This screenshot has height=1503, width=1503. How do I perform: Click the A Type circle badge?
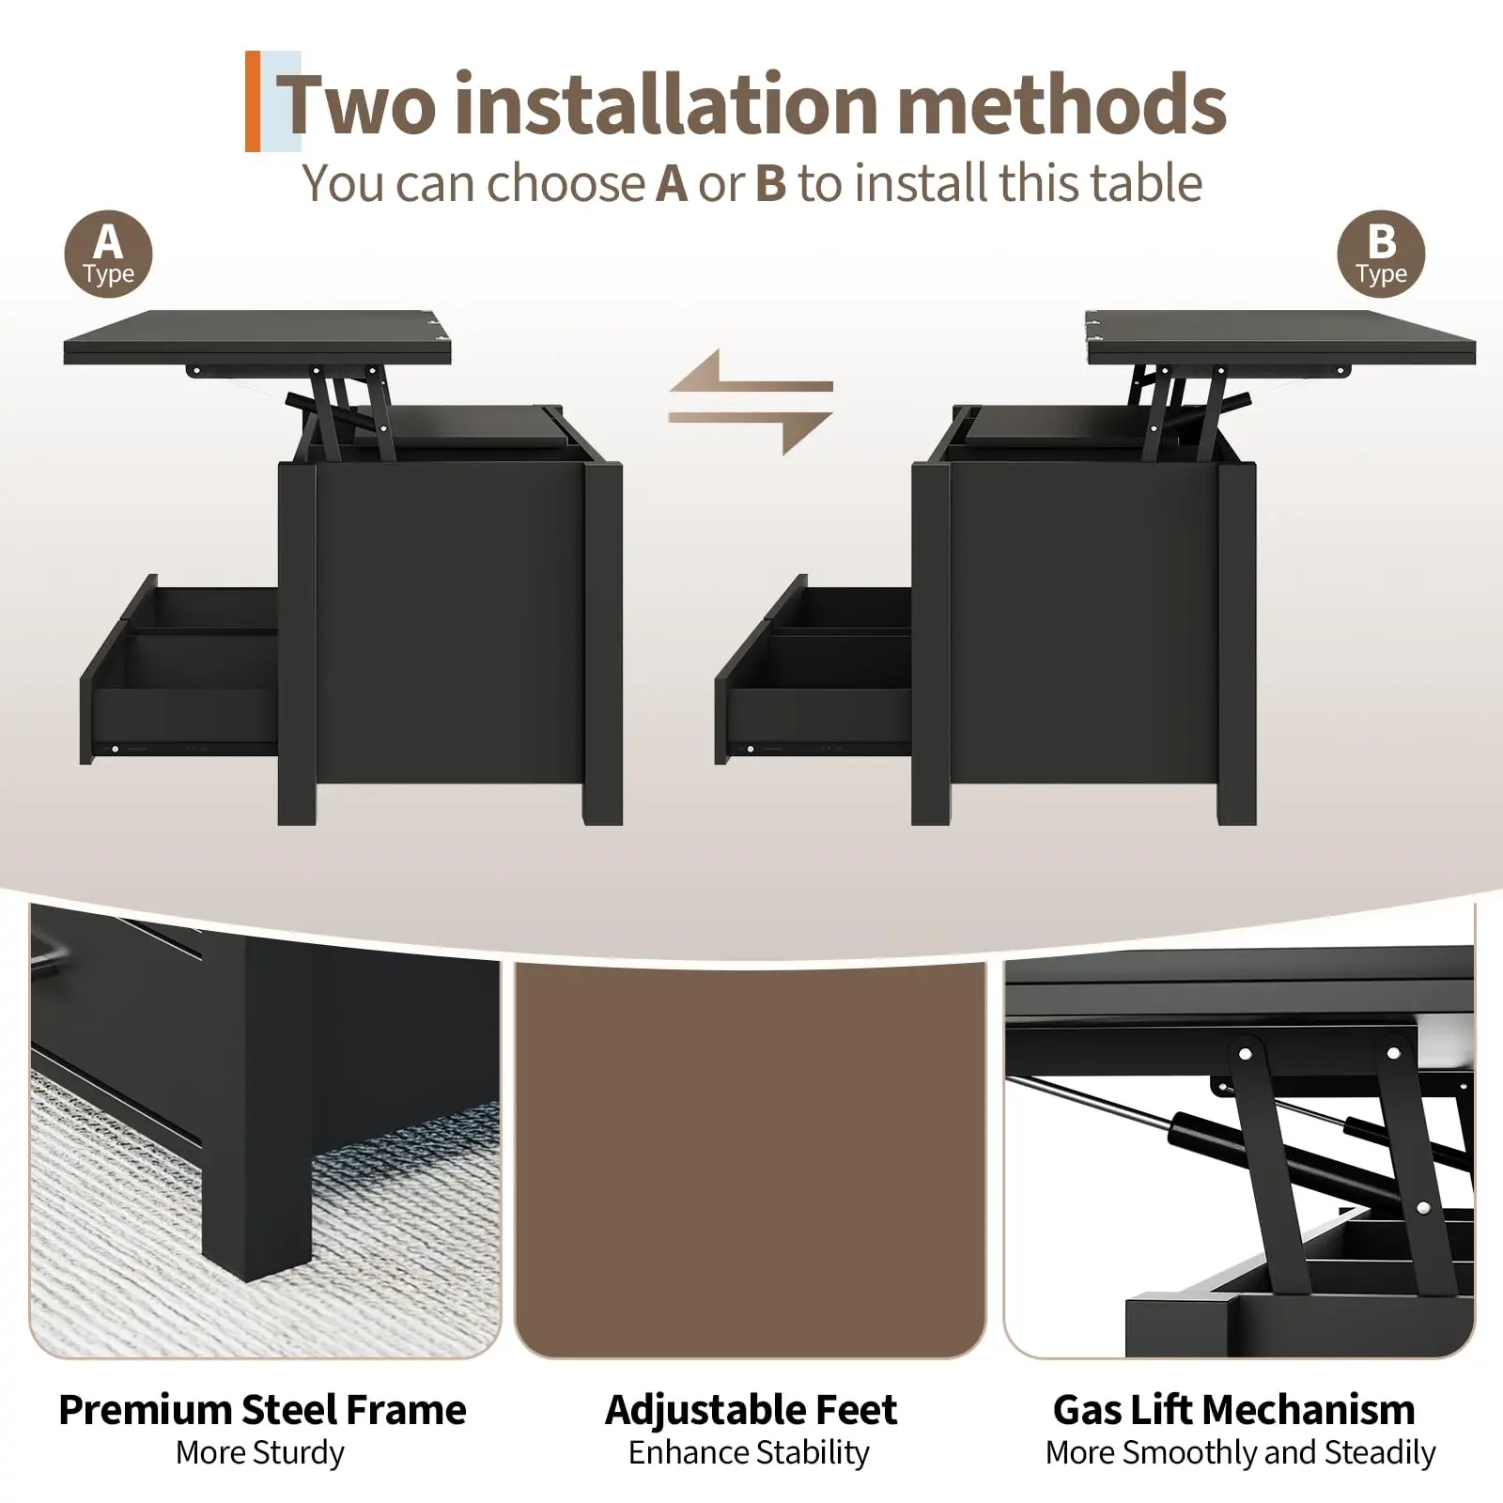(x=108, y=254)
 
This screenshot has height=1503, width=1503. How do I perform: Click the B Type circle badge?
(x=1381, y=254)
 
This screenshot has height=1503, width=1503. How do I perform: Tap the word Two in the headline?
(x=358, y=104)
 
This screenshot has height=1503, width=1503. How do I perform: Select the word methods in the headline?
(x=1062, y=104)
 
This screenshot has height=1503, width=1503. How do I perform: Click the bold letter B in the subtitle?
(x=770, y=183)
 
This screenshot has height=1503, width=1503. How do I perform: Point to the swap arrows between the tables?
(x=751, y=402)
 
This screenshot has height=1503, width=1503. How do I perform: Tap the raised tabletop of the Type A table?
(x=258, y=338)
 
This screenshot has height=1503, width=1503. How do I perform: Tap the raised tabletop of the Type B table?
(x=1280, y=338)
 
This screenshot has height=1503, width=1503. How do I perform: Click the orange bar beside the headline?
(x=253, y=101)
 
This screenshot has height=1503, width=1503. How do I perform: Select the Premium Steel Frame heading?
(x=262, y=1410)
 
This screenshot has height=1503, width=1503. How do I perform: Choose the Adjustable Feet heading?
(x=751, y=1410)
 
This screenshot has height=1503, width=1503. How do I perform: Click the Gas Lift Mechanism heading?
(x=1234, y=1410)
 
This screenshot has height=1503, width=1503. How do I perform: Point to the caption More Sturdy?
(x=260, y=1453)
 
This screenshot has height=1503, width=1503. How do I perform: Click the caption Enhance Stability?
(x=749, y=1453)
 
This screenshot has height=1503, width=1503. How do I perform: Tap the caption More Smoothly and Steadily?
(x=1240, y=1453)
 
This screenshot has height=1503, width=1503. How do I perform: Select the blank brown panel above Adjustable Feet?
(x=751, y=1160)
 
